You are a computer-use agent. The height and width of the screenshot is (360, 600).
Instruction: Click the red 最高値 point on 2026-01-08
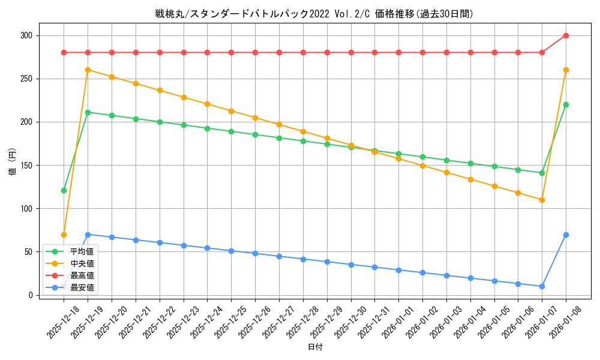pyautogui.click(x=566, y=35)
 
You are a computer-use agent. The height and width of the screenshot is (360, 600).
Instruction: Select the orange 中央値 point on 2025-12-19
pyautogui.click(x=88, y=70)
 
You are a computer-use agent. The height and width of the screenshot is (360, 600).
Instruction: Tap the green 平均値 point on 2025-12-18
pyautogui.click(x=64, y=190)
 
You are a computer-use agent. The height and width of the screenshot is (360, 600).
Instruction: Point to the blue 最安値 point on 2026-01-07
pyautogui.click(x=542, y=286)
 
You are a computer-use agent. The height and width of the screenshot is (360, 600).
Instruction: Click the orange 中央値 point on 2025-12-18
pyautogui.click(x=64, y=235)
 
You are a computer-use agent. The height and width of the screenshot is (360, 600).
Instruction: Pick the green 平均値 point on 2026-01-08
pyautogui.click(x=566, y=104)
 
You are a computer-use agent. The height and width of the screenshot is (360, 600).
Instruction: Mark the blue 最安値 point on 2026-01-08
pyautogui.click(x=566, y=235)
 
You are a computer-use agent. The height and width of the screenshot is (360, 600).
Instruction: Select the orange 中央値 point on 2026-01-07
pyautogui.click(x=542, y=200)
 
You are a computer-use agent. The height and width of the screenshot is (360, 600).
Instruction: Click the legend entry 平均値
pyautogui.click(x=82, y=251)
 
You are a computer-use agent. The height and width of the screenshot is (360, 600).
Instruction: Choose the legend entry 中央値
pyautogui.click(x=82, y=263)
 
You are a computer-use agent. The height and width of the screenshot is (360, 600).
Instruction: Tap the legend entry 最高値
pyautogui.click(x=82, y=275)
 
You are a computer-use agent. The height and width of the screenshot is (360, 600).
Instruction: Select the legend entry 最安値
pyautogui.click(x=82, y=287)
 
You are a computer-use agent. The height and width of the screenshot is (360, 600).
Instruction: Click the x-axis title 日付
pyautogui.click(x=315, y=347)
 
